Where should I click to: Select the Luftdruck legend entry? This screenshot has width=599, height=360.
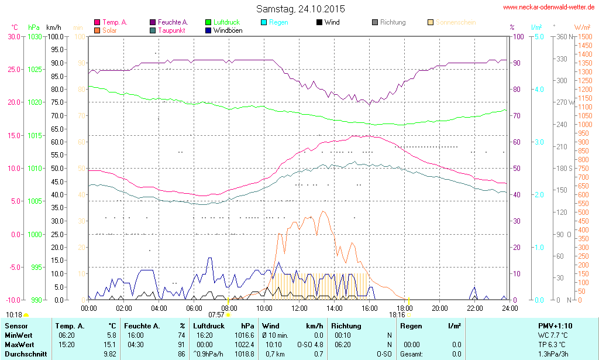(227, 22)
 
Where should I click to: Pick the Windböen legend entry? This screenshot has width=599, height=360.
(228, 30)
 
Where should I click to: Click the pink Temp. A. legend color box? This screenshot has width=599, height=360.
(97, 22)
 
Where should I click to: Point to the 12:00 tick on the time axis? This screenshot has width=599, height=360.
(299, 308)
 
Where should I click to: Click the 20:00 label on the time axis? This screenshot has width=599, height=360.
(440, 308)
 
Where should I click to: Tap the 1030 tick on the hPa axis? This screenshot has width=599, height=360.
(35, 36)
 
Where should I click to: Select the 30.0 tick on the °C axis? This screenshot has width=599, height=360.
(13, 36)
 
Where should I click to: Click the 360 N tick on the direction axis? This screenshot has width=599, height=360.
(564, 36)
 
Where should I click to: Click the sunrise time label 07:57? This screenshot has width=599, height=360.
(216, 314)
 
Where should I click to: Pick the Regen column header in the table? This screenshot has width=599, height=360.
(411, 325)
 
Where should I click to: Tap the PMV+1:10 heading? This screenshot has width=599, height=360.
(555, 325)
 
